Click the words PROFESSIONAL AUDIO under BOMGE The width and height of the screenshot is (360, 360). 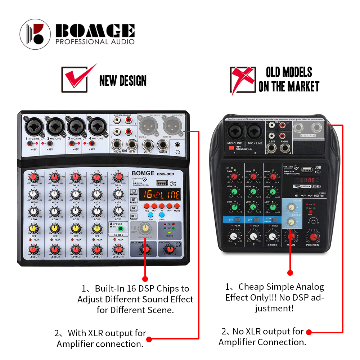click(95, 42)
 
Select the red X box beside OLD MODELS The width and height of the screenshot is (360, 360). click(242, 79)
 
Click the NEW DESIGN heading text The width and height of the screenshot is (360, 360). click(123, 80)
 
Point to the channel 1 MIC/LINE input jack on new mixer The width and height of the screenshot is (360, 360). click(33, 126)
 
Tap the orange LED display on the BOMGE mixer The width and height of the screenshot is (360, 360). click(160, 195)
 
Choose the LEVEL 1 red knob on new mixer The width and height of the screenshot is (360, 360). click(33, 249)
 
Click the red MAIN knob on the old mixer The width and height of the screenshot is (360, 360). click(291, 237)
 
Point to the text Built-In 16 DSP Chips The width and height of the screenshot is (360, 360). click(135, 289)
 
